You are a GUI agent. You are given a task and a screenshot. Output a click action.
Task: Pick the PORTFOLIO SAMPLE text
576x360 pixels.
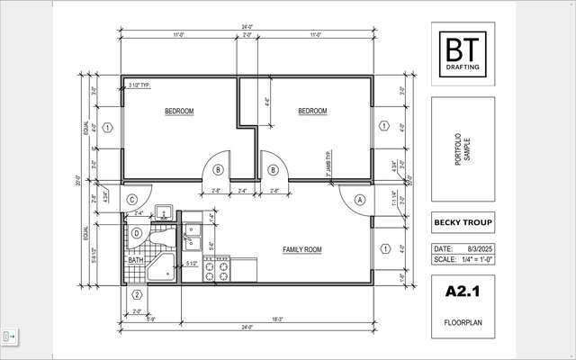[461, 148]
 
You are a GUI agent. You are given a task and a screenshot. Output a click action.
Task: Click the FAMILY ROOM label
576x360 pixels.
[302, 249]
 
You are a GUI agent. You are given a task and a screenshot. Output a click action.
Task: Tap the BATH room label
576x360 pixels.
[135, 261]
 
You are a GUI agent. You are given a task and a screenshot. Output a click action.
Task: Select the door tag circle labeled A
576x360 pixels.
[361, 200]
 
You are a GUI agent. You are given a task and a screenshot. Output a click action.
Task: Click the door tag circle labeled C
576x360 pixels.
[132, 200]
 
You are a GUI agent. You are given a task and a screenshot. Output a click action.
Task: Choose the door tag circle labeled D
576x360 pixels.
[136, 234]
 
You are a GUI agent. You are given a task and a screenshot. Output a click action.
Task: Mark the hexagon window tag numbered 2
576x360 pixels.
[137, 294]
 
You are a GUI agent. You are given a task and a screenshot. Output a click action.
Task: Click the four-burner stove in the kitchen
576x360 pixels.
[218, 270]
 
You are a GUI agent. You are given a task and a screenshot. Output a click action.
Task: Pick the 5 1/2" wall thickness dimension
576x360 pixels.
[191, 264]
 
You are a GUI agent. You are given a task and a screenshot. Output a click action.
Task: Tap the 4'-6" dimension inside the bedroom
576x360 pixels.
[267, 102]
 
